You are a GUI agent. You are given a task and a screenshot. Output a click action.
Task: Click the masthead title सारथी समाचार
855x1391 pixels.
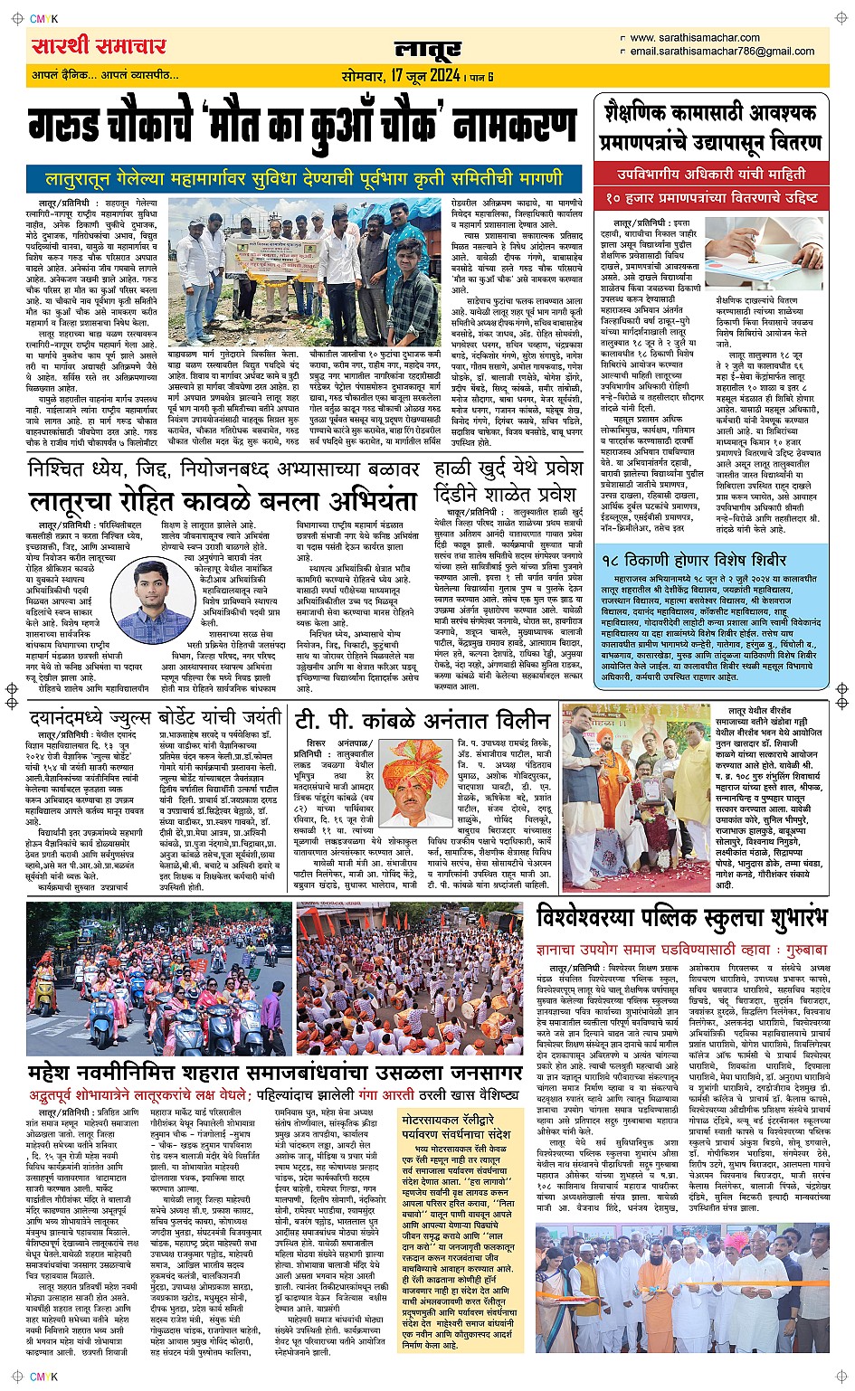99,46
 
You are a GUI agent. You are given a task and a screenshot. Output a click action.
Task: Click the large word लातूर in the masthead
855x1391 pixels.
427,52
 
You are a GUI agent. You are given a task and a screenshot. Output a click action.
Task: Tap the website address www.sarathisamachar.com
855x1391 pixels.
695,38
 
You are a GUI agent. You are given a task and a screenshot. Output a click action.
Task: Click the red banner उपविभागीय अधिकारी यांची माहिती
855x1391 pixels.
711,174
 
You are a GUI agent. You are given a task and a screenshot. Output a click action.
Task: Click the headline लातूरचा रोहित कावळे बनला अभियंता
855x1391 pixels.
222,501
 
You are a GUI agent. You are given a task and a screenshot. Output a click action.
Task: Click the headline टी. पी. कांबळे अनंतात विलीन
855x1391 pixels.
423,719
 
